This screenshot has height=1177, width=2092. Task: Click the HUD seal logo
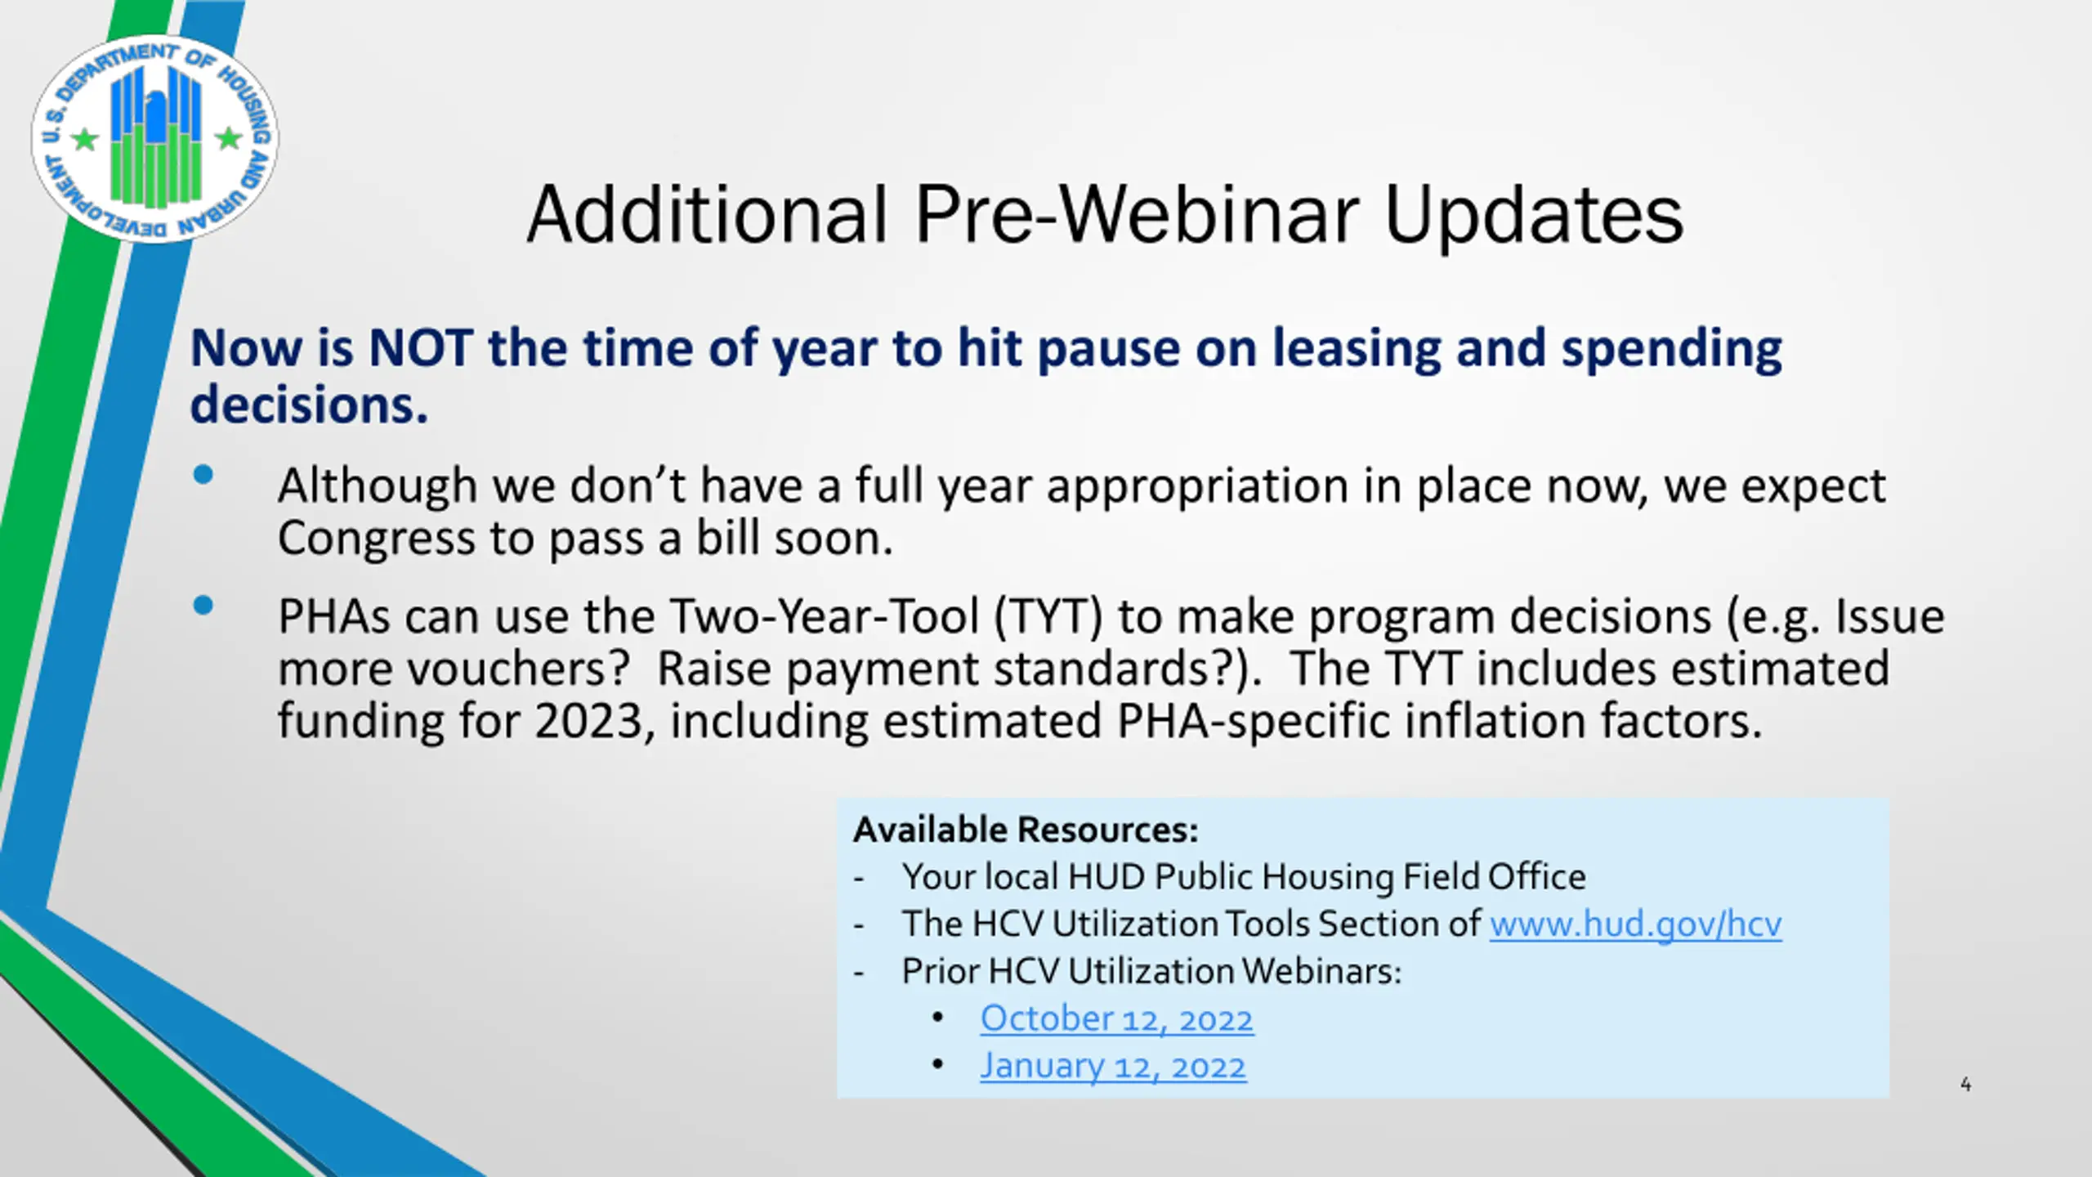pos(154,139)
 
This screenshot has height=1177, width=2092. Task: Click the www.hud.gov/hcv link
pos(1635,924)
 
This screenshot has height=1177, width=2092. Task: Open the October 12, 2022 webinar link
pos(1116,1019)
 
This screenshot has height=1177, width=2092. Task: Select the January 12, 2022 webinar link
pos(1113,1067)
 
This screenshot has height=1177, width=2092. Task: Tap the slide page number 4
pos(1965,1085)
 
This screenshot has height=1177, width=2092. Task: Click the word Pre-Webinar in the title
pos(1136,214)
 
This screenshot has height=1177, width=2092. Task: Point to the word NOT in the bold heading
pos(420,348)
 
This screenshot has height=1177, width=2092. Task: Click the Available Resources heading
pos(1026,830)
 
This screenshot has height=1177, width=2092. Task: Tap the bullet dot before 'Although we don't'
pos(203,475)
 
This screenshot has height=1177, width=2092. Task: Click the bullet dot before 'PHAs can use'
pos(203,606)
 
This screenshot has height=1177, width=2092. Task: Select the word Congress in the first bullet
pos(377,539)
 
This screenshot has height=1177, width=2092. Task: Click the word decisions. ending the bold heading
pos(309,405)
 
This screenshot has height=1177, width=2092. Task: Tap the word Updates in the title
pos(1533,216)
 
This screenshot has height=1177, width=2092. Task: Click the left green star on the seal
pos(85,139)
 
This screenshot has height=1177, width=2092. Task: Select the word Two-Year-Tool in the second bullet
pos(825,616)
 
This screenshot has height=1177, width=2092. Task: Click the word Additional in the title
pos(707,214)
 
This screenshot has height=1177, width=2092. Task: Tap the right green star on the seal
pos(229,138)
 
